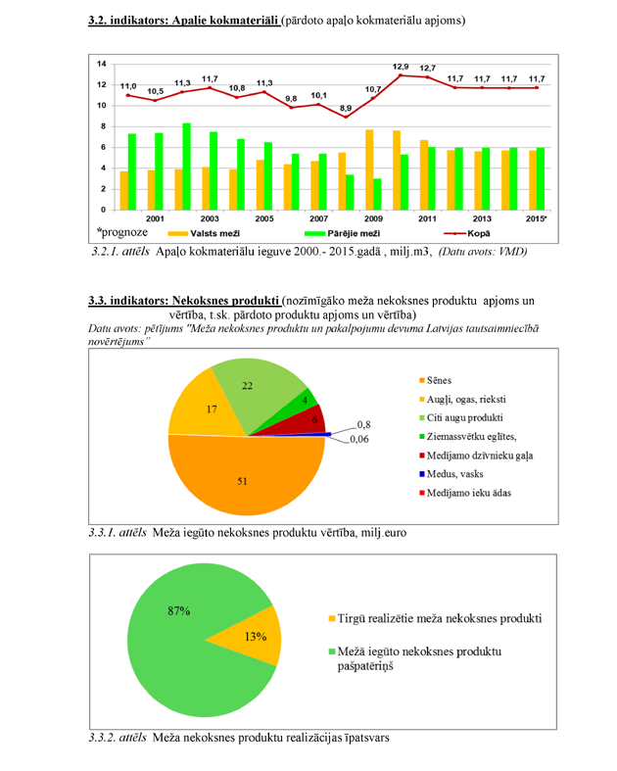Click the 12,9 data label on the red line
click(x=401, y=67)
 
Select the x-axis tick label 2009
click(x=374, y=218)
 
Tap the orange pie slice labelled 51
click(x=245, y=480)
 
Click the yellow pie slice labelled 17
click(x=206, y=407)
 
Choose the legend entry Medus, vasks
click(x=454, y=473)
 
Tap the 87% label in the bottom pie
click(x=178, y=611)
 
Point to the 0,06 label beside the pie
click(x=363, y=440)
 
